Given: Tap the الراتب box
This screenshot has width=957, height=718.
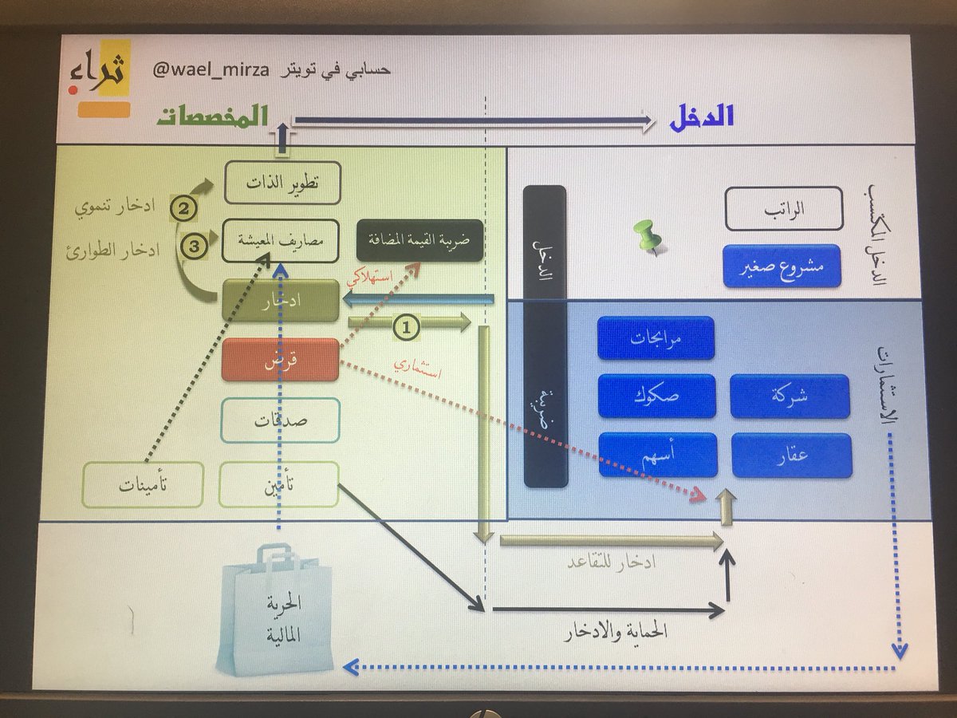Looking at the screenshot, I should click(783, 208).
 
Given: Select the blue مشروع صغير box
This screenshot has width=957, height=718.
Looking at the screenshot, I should click(782, 266).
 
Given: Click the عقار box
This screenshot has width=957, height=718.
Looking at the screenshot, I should click(791, 456).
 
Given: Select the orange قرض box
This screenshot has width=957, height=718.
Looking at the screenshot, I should click(280, 360).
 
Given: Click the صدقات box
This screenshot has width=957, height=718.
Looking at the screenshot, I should click(280, 420).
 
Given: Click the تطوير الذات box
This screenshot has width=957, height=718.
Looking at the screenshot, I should click(282, 183).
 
